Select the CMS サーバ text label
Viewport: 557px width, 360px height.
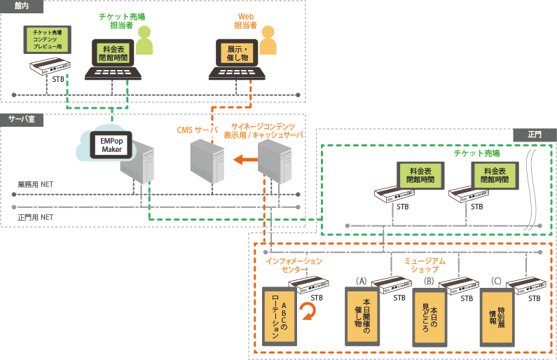point(197,130)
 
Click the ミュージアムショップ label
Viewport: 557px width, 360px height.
point(425,265)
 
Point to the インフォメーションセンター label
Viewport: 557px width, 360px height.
point(294,265)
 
